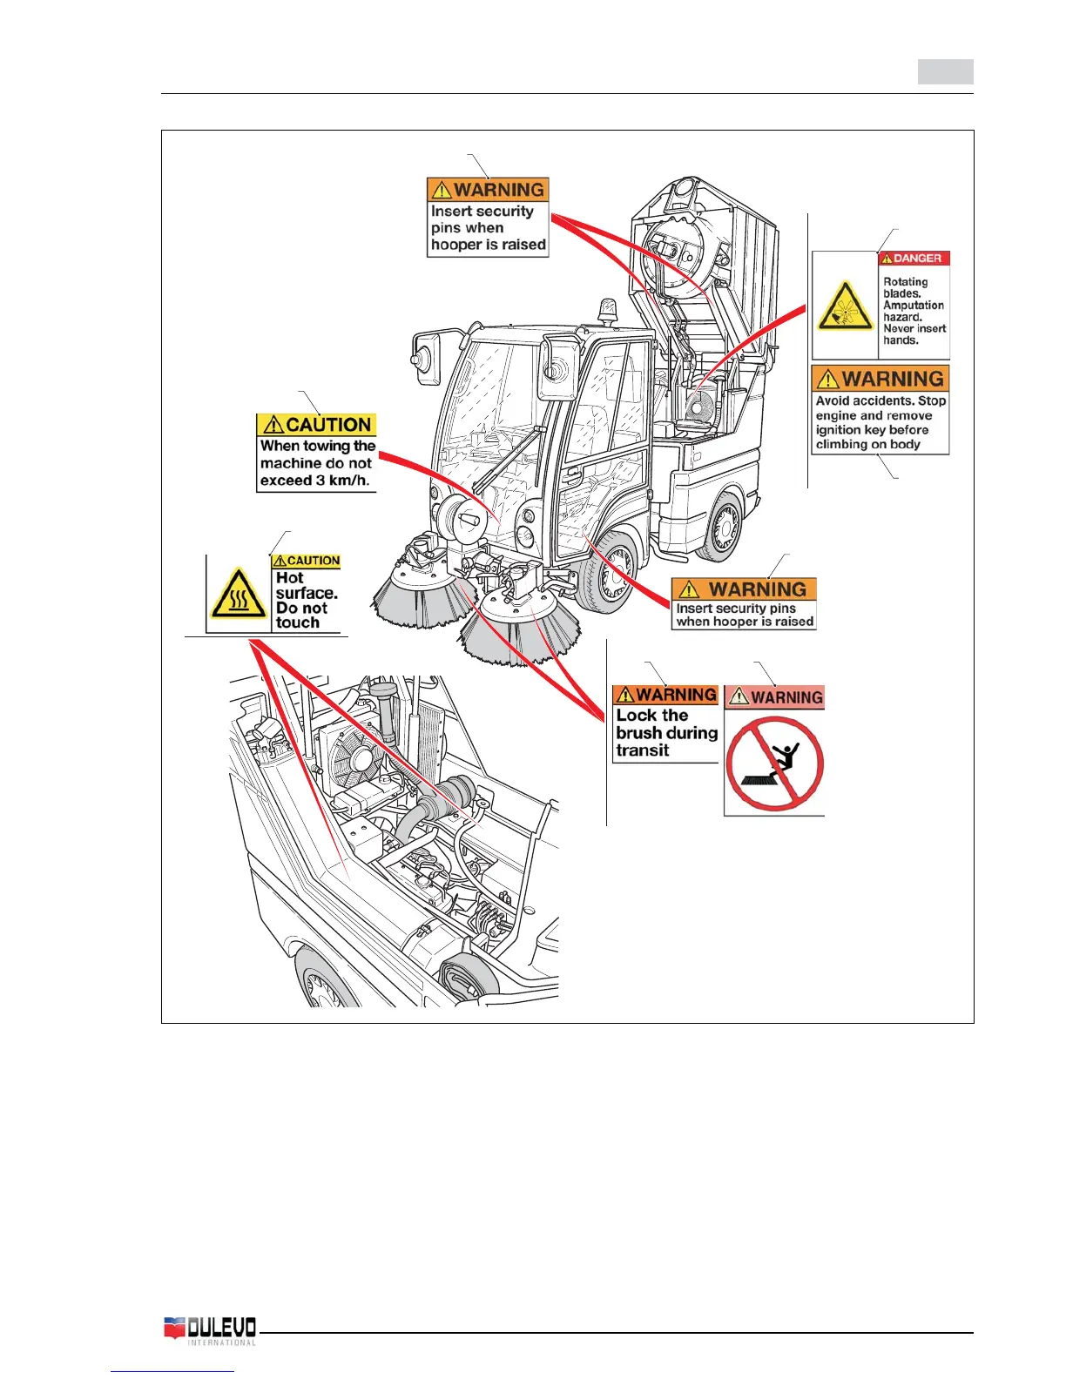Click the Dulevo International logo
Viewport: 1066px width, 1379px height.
coord(210,1330)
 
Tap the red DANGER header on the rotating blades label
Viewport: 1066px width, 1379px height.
coord(913,259)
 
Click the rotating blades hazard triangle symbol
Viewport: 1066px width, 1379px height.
coord(845,306)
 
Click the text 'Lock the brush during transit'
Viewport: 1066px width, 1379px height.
coord(666,733)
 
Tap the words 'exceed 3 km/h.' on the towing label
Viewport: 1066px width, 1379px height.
coord(314,481)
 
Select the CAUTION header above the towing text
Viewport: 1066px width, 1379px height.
coord(317,425)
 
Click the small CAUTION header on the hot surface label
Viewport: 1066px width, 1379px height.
coord(306,562)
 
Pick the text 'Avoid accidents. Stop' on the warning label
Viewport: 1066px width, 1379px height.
coord(880,401)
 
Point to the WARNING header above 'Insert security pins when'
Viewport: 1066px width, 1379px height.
coord(488,190)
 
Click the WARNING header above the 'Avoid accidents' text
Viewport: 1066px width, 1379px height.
coord(880,379)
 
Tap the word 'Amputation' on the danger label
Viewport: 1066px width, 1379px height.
coord(914,306)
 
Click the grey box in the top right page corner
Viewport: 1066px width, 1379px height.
coord(945,71)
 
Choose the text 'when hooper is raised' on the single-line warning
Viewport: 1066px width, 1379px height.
coord(745,622)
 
